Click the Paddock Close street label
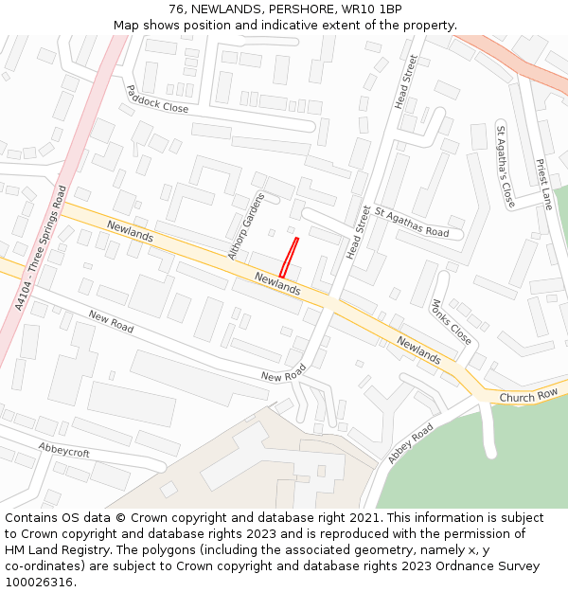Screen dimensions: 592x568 click(x=157, y=99)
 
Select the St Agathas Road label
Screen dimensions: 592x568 click(x=412, y=223)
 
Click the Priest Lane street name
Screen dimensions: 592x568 click(x=542, y=184)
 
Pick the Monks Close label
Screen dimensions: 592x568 click(x=451, y=322)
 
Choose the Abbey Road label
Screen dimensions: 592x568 click(x=410, y=443)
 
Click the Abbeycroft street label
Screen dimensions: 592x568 click(x=64, y=450)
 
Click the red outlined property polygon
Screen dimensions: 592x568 click(x=289, y=257)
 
